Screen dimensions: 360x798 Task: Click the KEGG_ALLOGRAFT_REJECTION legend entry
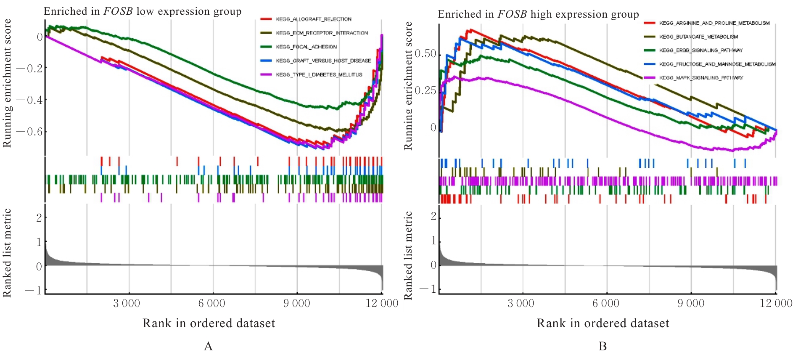(x=313, y=19)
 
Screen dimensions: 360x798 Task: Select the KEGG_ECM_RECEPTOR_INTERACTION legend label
(x=322, y=33)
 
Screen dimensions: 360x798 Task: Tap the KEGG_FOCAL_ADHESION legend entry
(x=306, y=47)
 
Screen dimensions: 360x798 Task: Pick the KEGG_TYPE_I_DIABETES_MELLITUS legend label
(x=319, y=75)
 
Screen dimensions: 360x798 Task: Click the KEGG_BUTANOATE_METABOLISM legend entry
(x=698, y=37)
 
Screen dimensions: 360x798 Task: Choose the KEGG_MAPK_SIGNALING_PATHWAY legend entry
(x=701, y=78)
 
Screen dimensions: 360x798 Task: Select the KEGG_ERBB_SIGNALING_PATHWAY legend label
(x=701, y=50)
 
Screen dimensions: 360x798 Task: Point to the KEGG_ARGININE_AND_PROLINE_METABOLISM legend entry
(x=714, y=23)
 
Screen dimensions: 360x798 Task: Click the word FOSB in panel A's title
(x=118, y=11)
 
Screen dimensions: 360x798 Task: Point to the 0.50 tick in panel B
(x=425, y=54)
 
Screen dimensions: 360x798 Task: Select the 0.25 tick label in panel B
(x=425, y=91)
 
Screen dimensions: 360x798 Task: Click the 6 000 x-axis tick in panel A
(x=211, y=304)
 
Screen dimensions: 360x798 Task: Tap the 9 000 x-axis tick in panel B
(x=690, y=304)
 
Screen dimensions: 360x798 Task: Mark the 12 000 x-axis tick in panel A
(x=382, y=304)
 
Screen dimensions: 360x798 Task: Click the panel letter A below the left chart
(x=208, y=347)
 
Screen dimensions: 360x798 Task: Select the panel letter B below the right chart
(x=602, y=347)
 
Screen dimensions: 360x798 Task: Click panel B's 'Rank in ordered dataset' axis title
(x=602, y=323)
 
